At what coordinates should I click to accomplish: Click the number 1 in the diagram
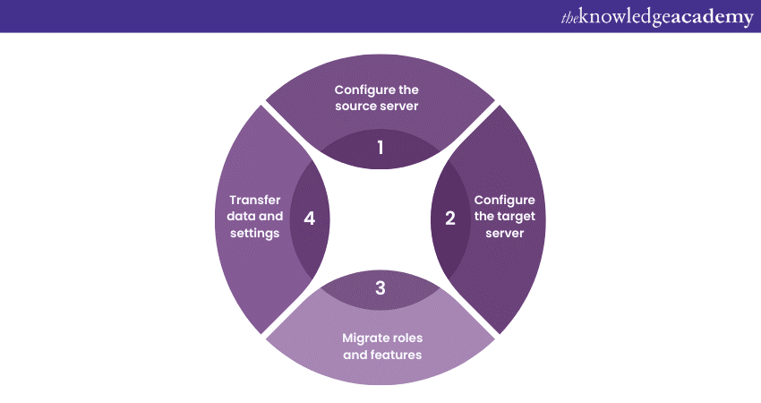[x=380, y=147]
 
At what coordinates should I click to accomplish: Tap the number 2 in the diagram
[x=450, y=218]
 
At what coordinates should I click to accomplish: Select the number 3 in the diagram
[x=380, y=288]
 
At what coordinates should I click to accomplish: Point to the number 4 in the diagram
[x=310, y=218]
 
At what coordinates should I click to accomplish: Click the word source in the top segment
[x=356, y=107]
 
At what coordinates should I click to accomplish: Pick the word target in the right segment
[x=508, y=217]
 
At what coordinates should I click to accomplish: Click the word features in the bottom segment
[x=396, y=355]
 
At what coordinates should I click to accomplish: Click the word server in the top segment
[x=399, y=107]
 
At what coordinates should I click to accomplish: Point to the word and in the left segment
[x=270, y=217]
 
